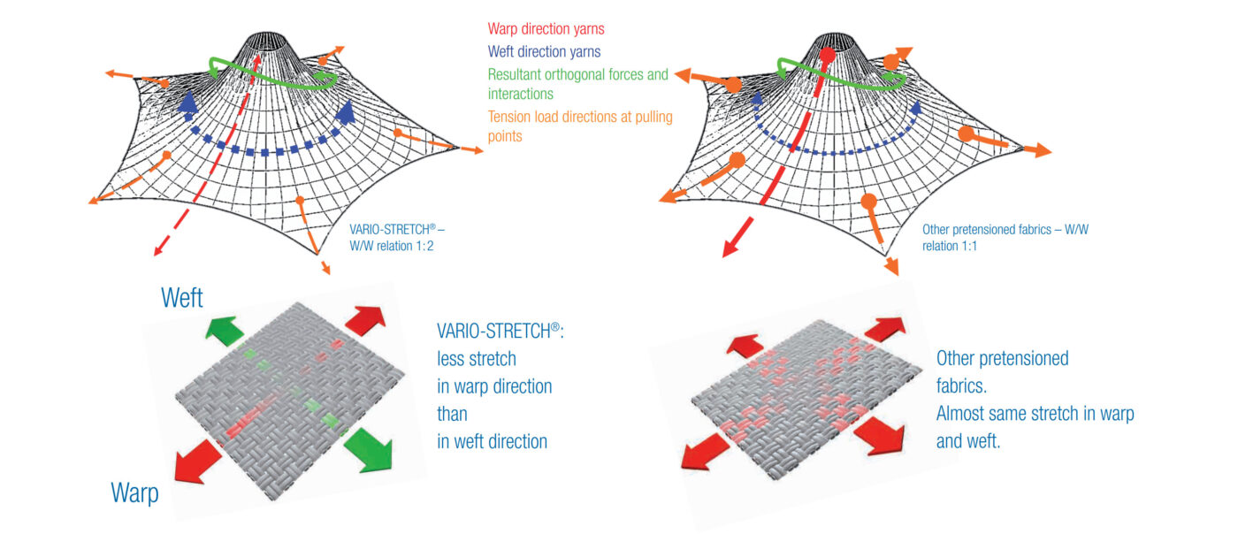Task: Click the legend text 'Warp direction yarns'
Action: click(x=546, y=29)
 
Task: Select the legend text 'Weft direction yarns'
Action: click(x=544, y=52)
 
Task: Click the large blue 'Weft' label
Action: click(x=182, y=298)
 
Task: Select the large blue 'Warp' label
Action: click(x=134, y=492)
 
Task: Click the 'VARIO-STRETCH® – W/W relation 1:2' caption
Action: click(x=397, y=238)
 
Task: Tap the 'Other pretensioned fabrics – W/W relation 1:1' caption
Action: click(x=1005, y=238)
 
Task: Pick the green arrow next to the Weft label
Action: click(x=225, y=331)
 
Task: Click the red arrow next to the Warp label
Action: click(x=196, y=461)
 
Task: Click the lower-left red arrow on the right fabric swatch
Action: click(x=705, y=452)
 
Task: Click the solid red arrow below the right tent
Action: click(x=737, y=237)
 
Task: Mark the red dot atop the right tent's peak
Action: click(x=828, y=56)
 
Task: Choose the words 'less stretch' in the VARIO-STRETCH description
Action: click(x=477, y=359)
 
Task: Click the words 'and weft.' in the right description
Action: click(x=968, y=441)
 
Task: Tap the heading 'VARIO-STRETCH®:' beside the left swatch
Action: click(x=501, y=332)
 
